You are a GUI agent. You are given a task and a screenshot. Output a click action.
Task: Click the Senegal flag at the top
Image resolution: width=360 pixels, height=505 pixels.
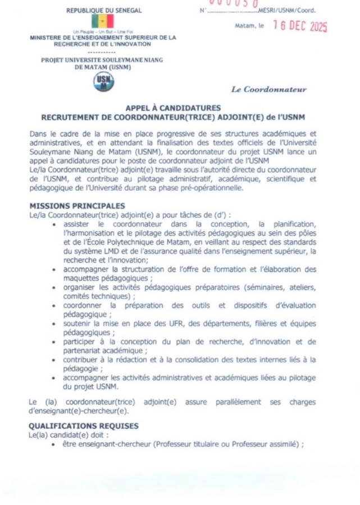104,21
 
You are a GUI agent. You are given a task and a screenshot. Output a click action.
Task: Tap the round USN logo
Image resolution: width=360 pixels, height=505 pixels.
103,82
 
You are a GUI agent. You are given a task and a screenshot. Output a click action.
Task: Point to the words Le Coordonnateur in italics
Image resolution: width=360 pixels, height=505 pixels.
269,89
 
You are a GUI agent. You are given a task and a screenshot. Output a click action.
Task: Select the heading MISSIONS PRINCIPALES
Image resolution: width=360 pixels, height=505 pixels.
77,206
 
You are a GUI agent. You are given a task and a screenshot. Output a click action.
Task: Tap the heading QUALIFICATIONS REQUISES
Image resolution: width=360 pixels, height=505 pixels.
84,425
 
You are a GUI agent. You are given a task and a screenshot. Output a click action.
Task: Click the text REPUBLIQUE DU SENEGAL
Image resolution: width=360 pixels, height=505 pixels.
104,10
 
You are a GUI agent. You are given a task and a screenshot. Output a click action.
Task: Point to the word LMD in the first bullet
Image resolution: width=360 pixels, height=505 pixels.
102,251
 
